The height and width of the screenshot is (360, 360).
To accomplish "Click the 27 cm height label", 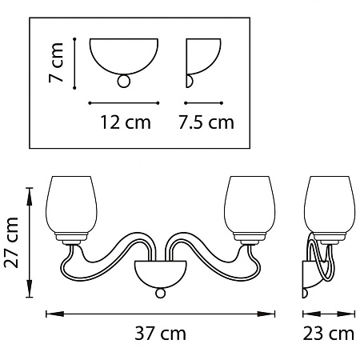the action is click(x=11, y=242).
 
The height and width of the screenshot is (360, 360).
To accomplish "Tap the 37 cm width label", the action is click(x=160, y=334).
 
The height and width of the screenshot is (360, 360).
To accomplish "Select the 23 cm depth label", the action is click(x=329, y=334).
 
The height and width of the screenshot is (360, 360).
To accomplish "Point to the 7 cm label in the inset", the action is click(x=56, y=62).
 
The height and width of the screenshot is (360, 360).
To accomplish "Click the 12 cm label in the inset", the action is click(x=126, y=122).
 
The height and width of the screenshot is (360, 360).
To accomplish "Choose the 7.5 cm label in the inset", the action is click(x=206, y=122).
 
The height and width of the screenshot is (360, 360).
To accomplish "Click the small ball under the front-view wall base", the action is click(x=160, y=293).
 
